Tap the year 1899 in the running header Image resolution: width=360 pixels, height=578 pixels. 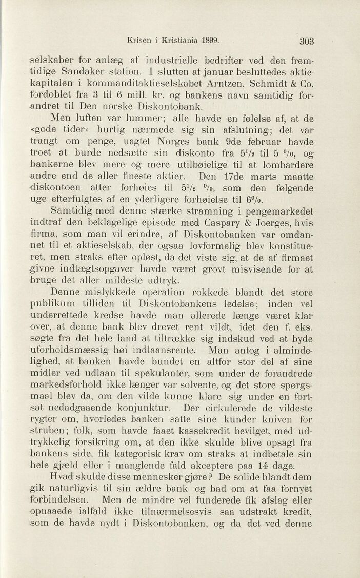209,40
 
